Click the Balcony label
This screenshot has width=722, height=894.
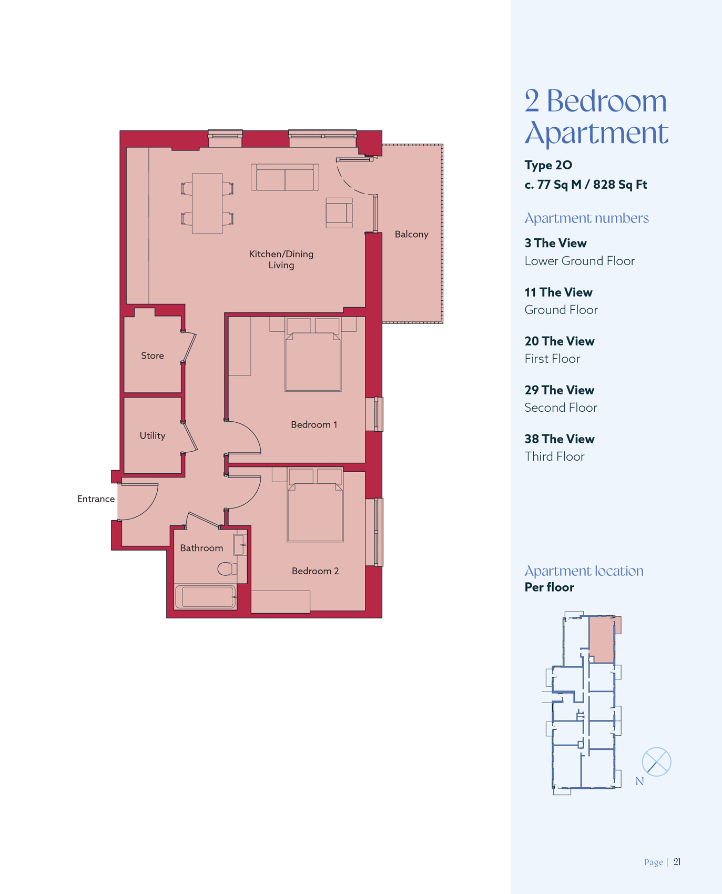411,234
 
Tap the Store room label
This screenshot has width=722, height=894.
152,355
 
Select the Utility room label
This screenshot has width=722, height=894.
152,435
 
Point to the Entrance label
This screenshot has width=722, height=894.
96,499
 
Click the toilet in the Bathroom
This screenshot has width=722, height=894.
227,568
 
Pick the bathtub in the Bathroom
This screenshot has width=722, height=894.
206,597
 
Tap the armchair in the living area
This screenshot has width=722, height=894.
339,213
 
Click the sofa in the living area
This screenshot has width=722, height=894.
285,177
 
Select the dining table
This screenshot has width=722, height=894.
207,204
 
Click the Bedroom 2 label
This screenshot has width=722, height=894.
315,571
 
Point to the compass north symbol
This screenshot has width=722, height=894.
656,761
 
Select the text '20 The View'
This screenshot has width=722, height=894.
560,341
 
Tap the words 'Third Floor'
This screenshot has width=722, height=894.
554,456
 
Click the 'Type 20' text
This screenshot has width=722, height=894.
548,165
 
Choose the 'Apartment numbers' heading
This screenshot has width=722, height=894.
586,218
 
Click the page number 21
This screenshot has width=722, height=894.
677,861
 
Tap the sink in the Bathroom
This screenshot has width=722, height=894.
240,545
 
